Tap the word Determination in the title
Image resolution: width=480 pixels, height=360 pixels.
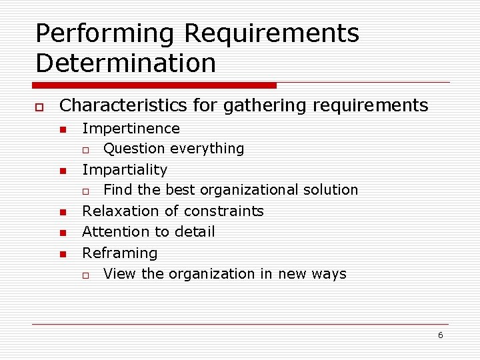coord(126,63)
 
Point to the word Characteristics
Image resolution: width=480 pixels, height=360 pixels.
coord(123,105)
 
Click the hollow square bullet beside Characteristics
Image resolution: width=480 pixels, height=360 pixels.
coord(39,107)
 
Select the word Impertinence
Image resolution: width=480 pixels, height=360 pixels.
coord(131,128)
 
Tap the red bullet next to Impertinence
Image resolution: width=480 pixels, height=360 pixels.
coord(62,129)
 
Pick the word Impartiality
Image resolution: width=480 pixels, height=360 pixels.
coord(125,169)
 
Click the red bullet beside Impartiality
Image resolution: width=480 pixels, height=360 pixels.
coord(62,171)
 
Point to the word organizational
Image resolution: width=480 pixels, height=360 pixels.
coord(249,190)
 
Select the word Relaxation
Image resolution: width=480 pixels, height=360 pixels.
coord(121,211)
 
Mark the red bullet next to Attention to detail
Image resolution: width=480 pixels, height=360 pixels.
coord(62,233)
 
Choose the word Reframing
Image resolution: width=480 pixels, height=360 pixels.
coord(119,253)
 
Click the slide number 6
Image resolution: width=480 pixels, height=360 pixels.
coord(440,335)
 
